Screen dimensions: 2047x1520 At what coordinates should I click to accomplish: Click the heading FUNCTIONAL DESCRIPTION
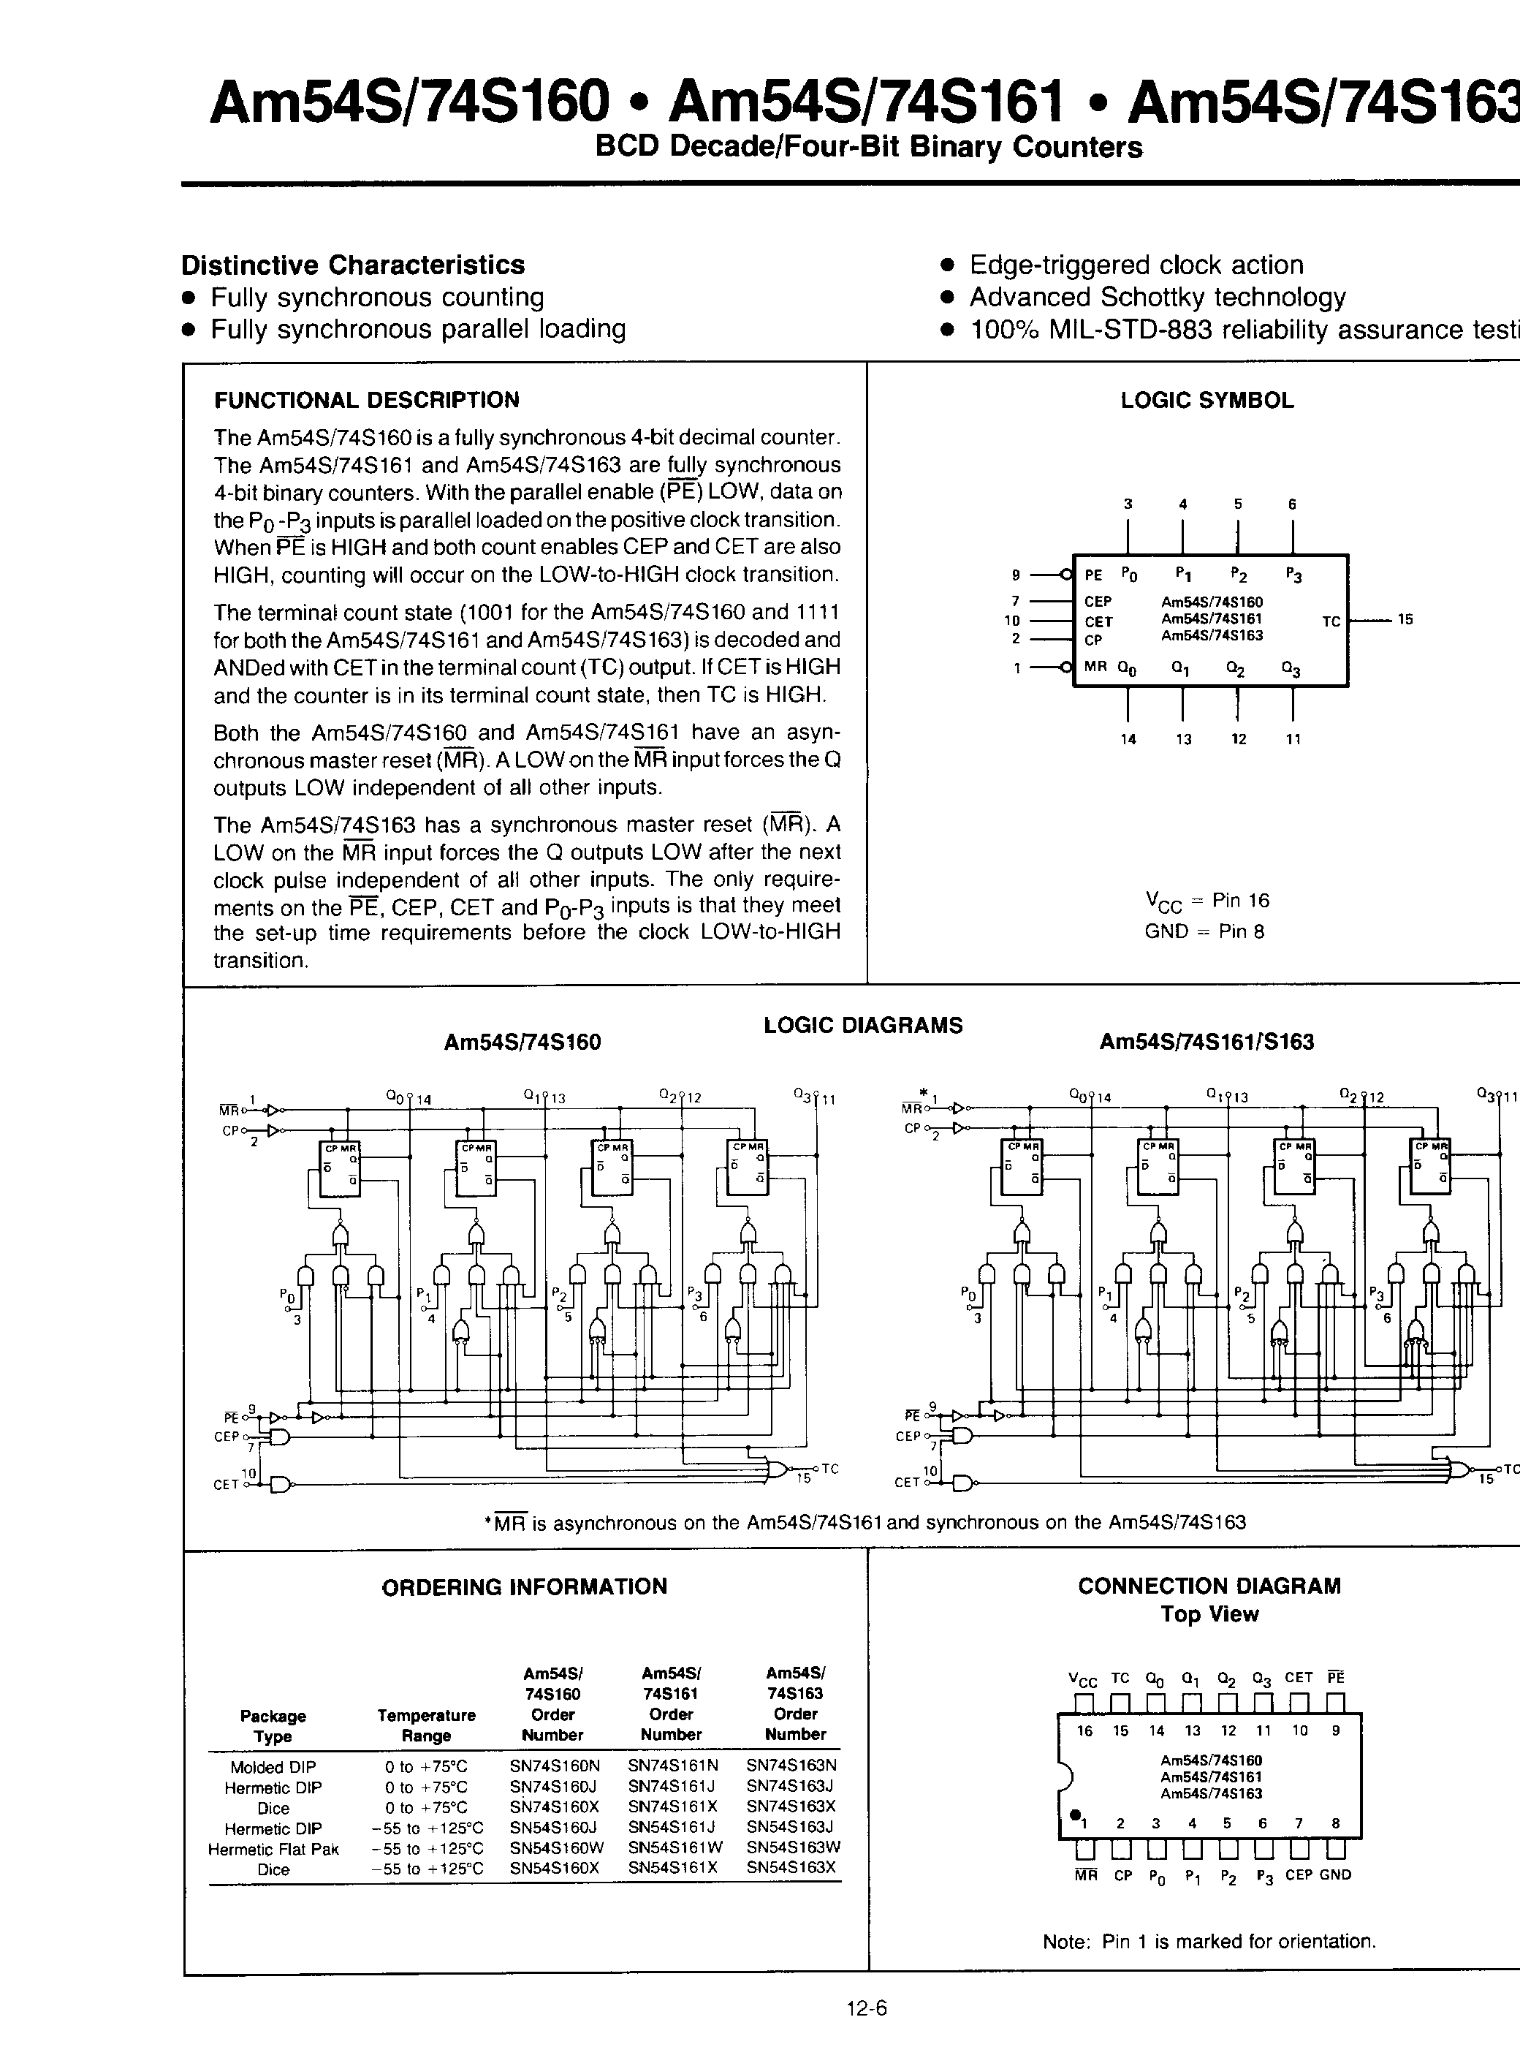366,401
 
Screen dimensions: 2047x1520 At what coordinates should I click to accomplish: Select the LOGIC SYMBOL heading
1206,401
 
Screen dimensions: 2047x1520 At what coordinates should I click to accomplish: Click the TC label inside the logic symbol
1331,622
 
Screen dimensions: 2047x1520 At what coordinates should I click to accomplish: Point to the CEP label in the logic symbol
1098,602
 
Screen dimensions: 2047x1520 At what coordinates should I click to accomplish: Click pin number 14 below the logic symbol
1128,739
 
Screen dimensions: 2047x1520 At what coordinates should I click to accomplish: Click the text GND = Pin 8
1204,931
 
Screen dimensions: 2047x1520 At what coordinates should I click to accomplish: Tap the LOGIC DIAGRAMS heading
862,1026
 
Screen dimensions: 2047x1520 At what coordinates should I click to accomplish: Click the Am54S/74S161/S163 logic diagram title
1206,1042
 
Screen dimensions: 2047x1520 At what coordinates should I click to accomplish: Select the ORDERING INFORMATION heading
523,1587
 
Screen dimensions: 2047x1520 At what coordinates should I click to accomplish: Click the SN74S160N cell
554,1766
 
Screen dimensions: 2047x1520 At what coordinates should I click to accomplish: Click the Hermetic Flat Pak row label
273,1848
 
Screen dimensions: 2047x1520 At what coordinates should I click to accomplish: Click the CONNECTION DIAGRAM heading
1209,1586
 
